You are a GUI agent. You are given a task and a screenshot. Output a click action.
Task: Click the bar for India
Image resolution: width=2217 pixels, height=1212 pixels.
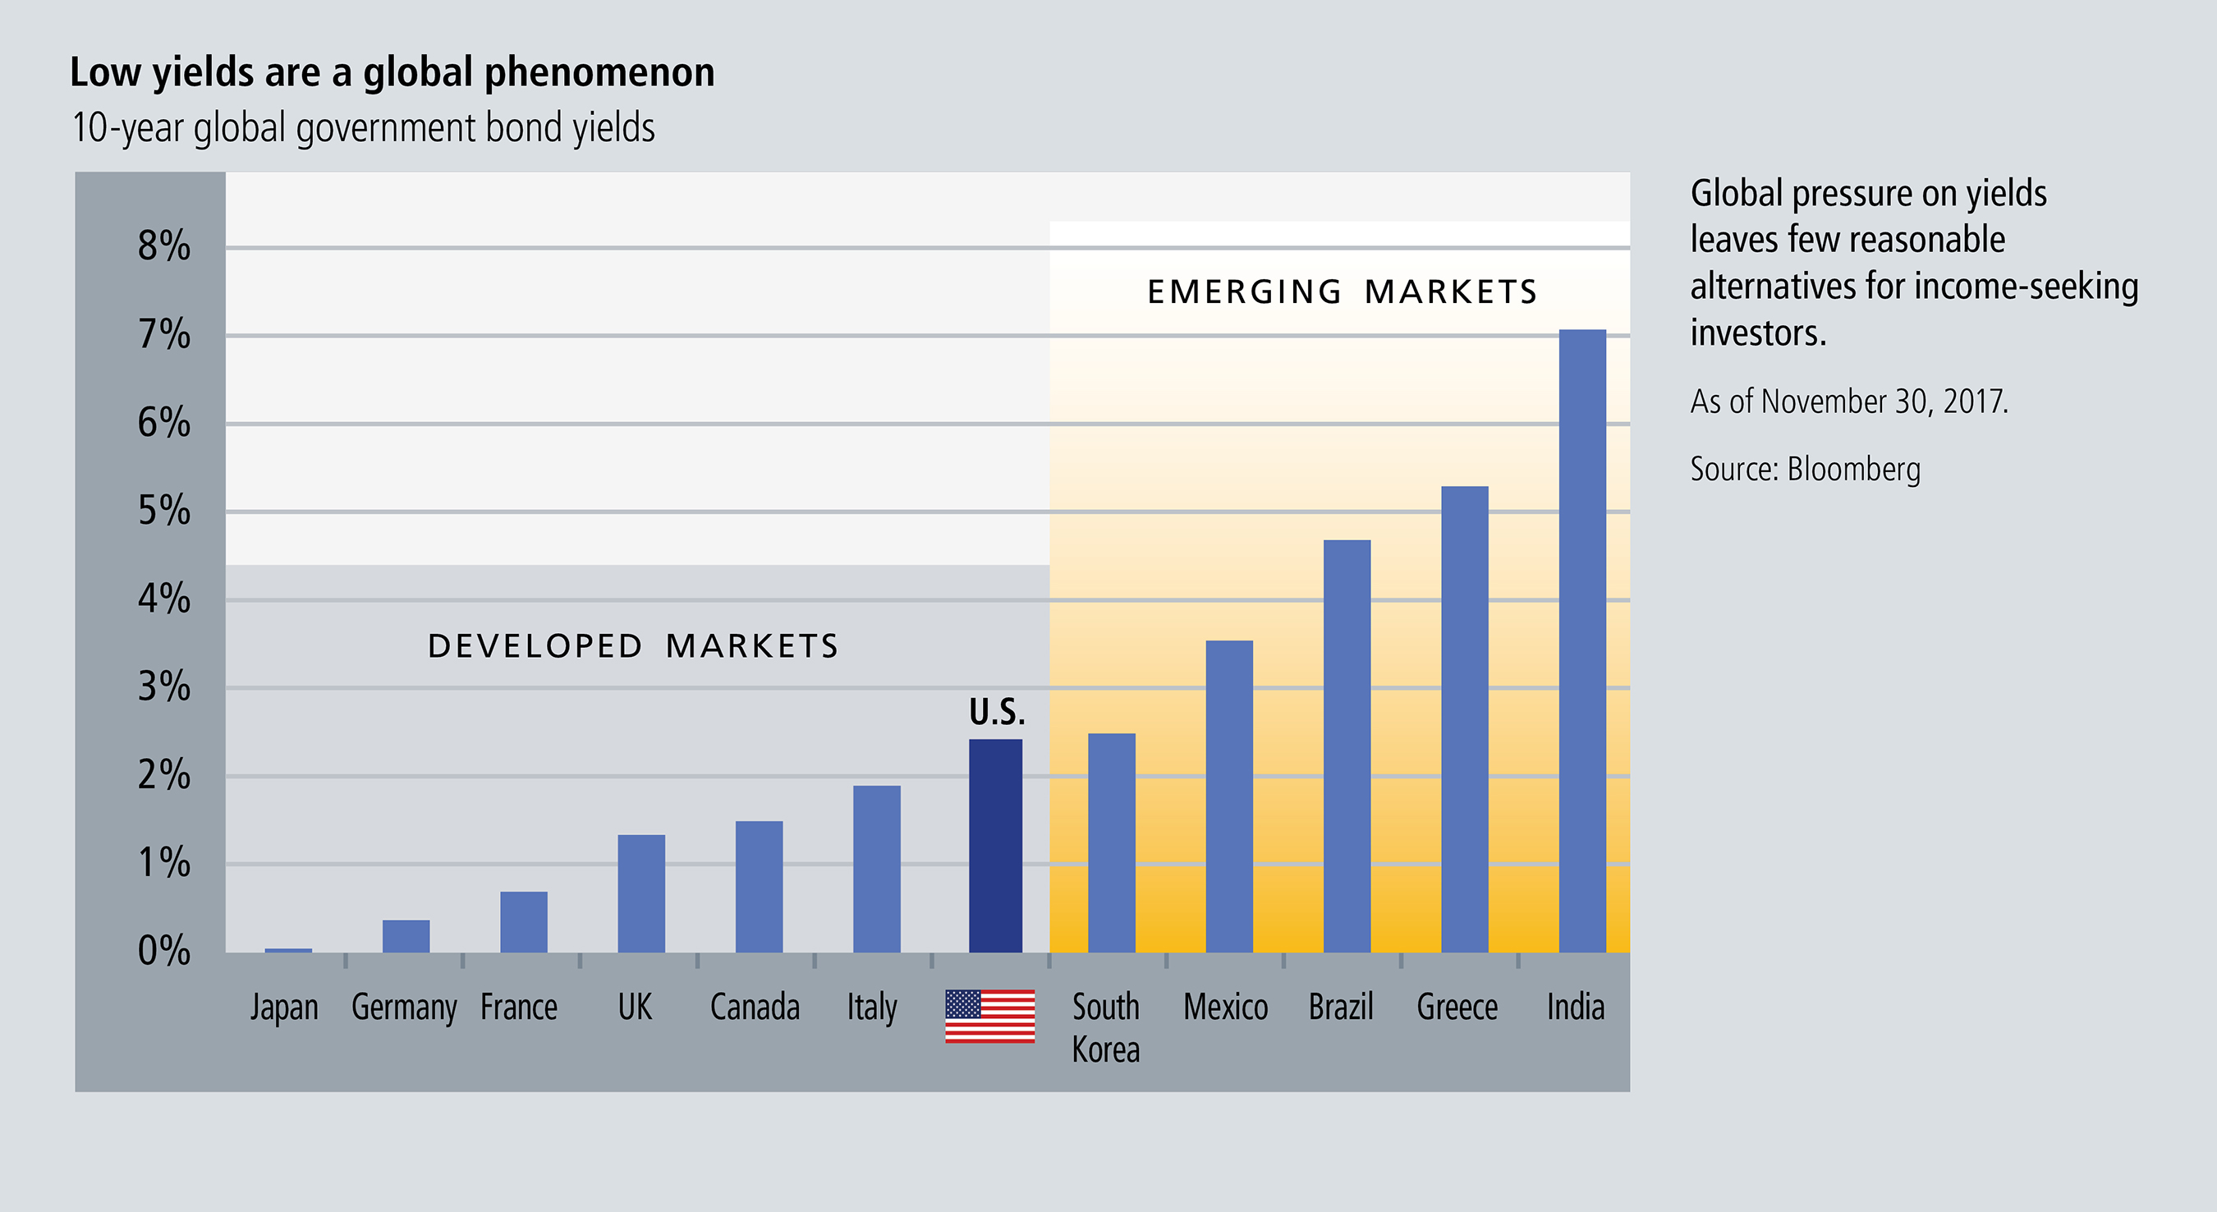click(1581, 640)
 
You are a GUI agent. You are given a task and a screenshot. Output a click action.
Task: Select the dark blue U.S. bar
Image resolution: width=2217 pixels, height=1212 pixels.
click(996, 845)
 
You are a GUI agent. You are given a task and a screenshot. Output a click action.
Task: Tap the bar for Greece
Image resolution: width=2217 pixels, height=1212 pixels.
click(1464, 718)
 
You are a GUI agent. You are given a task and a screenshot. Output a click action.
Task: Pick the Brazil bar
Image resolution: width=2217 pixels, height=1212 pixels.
click(1347, 746)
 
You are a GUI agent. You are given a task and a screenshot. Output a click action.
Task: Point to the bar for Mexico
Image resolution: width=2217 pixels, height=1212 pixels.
click(1229, 797)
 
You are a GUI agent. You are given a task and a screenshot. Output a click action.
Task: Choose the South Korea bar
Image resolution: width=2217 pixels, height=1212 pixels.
click(1111, 842)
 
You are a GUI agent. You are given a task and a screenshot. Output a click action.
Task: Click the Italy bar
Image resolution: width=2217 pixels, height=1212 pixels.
click(876, 869)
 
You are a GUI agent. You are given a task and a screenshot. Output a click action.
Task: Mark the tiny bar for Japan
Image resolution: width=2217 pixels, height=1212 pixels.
click(287, 949)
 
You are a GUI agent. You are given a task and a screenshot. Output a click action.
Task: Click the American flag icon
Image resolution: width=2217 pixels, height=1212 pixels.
click(989, 1016)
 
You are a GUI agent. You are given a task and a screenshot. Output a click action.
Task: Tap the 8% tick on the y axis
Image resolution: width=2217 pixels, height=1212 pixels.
click(163, 247)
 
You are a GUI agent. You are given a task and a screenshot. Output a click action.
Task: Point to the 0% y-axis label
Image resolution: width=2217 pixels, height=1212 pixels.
click(163, 951)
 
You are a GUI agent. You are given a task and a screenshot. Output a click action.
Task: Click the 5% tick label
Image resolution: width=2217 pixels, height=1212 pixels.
click(163, 512)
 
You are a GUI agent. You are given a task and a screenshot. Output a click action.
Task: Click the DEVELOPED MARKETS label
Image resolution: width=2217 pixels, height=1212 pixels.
click(632, 646)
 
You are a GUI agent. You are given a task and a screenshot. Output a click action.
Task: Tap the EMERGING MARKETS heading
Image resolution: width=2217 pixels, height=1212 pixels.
click(1342, 292)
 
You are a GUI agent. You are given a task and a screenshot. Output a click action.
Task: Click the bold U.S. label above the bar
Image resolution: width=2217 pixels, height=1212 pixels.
click(997, 712)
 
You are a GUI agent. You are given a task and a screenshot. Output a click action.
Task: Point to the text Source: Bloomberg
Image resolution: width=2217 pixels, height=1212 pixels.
click(1805, 469)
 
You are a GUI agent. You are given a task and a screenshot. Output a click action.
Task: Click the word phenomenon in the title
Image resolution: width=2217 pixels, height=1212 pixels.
click(599, 72)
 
